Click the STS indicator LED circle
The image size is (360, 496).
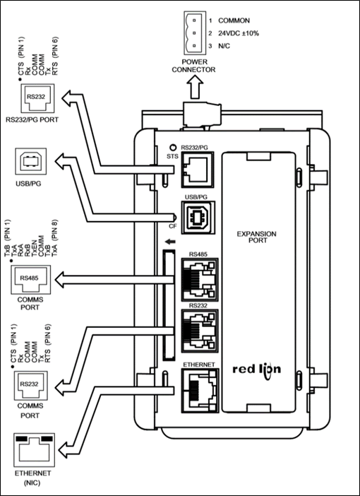(172, 148)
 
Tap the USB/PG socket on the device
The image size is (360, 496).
(198, 218)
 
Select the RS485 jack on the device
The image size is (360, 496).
(200, 280)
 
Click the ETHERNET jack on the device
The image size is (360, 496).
(200, 390)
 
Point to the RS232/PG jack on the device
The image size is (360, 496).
(198, 170)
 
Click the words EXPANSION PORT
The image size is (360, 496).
(257, 237)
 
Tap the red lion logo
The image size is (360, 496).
(257, 371)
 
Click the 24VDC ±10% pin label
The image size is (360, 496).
(239, 33)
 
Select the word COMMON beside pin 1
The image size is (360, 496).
(234, 20)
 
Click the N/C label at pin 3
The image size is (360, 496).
(224, 46)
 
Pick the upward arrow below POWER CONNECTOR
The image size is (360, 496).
(195, 88)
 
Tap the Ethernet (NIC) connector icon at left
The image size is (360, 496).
(34, 450)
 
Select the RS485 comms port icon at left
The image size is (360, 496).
(30, 280)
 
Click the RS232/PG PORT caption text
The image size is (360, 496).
(32, 120)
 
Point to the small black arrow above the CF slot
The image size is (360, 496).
(170, 242)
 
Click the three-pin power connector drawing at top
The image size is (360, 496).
(195, 33)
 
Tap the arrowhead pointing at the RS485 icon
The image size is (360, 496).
(60, 280)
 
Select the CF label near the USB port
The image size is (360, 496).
(172, 226)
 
